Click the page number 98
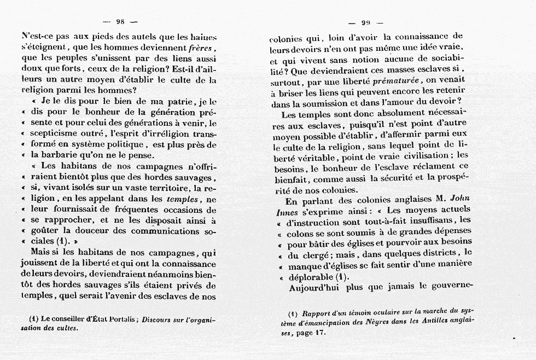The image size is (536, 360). (x=121, y=21)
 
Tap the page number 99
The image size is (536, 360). (x=365, y=23)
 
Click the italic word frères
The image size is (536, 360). (x=200, y=48)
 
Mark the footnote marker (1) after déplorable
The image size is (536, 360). (x=342, y=276)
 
